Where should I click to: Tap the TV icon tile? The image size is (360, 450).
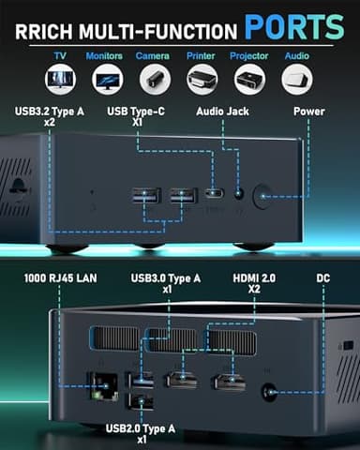60,78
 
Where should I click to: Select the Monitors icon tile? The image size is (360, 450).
104,78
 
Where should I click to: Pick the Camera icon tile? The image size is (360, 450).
151,78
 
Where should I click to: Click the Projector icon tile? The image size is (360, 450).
249,78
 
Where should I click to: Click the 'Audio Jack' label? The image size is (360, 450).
223,112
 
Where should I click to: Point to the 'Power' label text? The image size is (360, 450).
307,112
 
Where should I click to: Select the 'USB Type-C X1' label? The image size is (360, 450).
138,117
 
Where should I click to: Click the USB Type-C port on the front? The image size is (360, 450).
215,196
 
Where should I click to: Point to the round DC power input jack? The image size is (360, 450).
273,394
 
